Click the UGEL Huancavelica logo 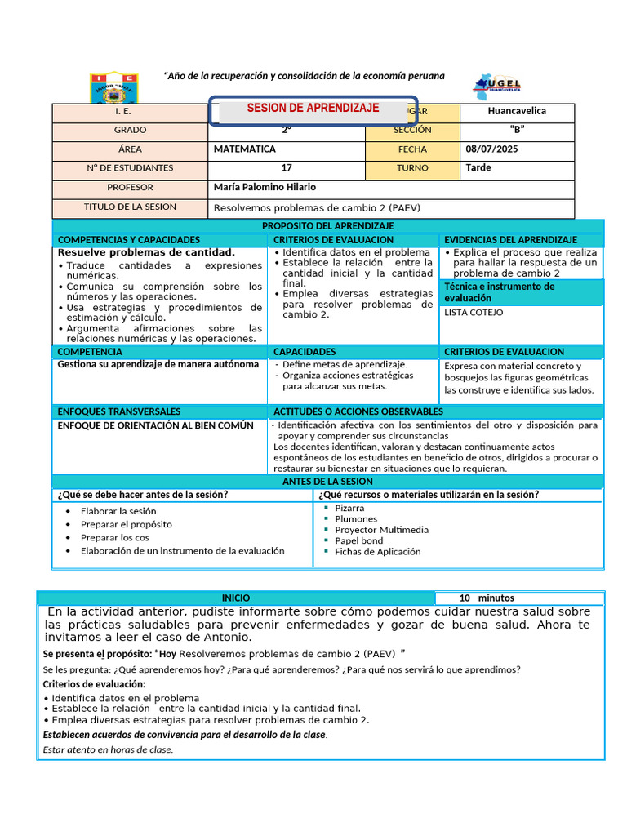(497, 87)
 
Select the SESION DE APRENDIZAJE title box (313, 109)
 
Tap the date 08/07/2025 (491, 149)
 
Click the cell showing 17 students (287, 168)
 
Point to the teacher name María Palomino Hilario (264, 188)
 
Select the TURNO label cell (412, 168)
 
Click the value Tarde (478, 168)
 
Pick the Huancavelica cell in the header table (517, 112)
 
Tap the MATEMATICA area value (245, 149)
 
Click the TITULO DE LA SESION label (130, 207)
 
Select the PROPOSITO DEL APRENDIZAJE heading (327, 225)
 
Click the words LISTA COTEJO (474, 313)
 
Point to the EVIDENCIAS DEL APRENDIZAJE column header (509, 240)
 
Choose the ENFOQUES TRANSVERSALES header (119, 411)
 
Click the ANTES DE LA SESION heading (327, 482)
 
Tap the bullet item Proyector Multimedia (381, 530)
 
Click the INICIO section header (236, 598)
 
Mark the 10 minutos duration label (487, 598)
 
